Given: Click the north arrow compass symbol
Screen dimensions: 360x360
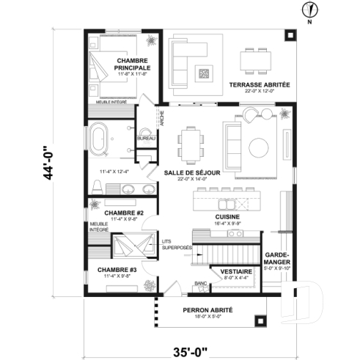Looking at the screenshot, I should pos(312,10).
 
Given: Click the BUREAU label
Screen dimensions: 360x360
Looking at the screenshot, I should pos(146,138).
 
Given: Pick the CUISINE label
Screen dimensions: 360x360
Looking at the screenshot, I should pos(224,217).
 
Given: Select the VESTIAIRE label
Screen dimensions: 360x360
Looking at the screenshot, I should pos(236,271).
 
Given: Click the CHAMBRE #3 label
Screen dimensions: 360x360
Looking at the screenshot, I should pos(113,269).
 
